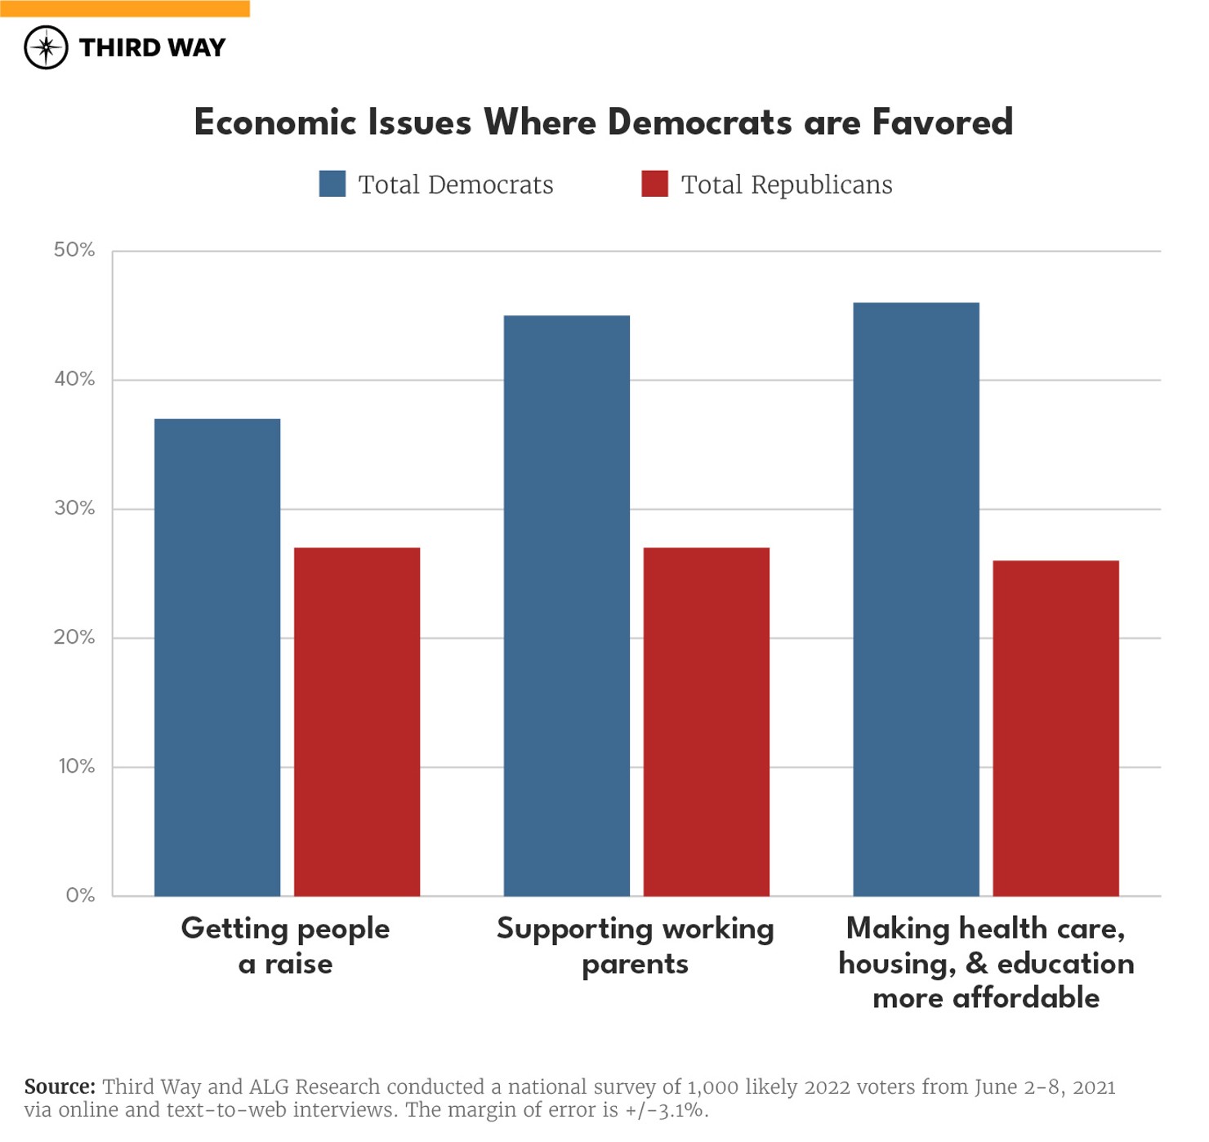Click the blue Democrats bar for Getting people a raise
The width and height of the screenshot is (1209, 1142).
[x=217, y=658]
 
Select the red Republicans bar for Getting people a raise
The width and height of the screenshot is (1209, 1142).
[x=357, y=722]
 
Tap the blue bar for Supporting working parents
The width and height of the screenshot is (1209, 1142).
[x=567, y=605]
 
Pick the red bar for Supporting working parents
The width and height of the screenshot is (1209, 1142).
[x=707, y=722]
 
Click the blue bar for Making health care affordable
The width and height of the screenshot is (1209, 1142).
[x=916, y=600]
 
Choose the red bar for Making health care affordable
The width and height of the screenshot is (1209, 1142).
[x=1055, y=729]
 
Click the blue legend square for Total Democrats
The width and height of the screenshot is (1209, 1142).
[x=332, y=184]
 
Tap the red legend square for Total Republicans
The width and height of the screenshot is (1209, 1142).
[x=654, y=184]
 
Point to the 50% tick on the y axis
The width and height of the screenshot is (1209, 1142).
[x=74, y=250]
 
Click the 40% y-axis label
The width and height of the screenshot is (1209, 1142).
[x=74, y=379]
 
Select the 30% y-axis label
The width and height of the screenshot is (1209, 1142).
[x=74, y=508]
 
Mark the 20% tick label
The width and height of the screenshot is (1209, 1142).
[x=74, y=637]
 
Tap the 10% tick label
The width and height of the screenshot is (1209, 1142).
[x=76, y=766]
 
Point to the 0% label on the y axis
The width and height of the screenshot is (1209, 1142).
[x=80, y=895]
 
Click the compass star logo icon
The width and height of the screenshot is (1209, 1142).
[x=46, y=47]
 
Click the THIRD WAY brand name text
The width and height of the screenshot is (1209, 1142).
[x=152, y=47]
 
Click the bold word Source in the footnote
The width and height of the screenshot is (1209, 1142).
[x=60, y=1086]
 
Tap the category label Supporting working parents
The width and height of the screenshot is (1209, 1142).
[x=635, y=946]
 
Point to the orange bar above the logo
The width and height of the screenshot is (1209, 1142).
[x=125, y=8]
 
